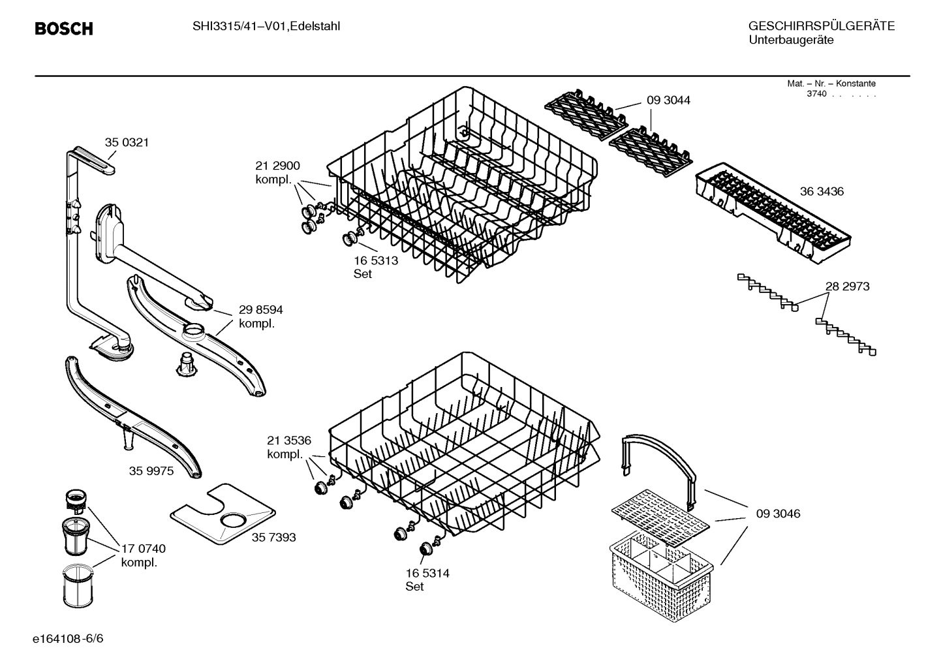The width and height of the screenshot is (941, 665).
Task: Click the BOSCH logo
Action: click(63, 29)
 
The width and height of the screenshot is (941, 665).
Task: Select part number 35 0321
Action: click(127, 142)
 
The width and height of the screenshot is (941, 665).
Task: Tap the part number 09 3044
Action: click(668, 101)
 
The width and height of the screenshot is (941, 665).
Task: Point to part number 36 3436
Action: click(822, 191)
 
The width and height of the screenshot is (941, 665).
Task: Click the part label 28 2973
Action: click(847, 286)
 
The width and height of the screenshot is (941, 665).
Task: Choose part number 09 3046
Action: click(778, 514)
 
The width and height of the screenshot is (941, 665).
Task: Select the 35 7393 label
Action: click(273, 537)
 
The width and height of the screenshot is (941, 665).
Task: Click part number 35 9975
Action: click(151, 471)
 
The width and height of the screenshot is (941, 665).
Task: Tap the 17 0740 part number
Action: click(144, 549)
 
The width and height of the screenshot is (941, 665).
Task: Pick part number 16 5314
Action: click(427, 573)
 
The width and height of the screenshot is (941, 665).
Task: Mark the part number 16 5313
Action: click(376, 260)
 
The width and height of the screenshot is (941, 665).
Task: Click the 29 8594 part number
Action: click(260, 310)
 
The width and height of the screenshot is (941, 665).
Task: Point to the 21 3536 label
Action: click(288, 441)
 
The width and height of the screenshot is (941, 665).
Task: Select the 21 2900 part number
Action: click(277, 166)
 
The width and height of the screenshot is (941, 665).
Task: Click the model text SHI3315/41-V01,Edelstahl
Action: click(266, 26)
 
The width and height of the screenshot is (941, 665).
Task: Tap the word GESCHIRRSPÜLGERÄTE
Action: click(821, 26)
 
